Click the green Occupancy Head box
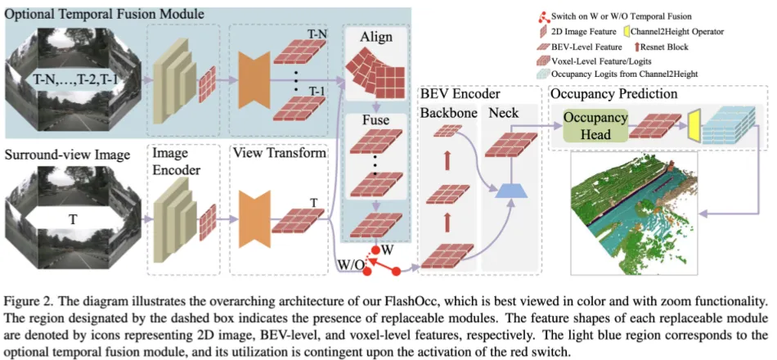tap(595, 125)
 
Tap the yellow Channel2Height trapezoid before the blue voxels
tap(694, 125)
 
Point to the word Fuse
tap(375, 120)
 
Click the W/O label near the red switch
tap(352, 264)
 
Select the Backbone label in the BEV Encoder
tap(448, 113)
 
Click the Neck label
tap(504, 113)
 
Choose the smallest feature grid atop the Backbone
tap(447, 130)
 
